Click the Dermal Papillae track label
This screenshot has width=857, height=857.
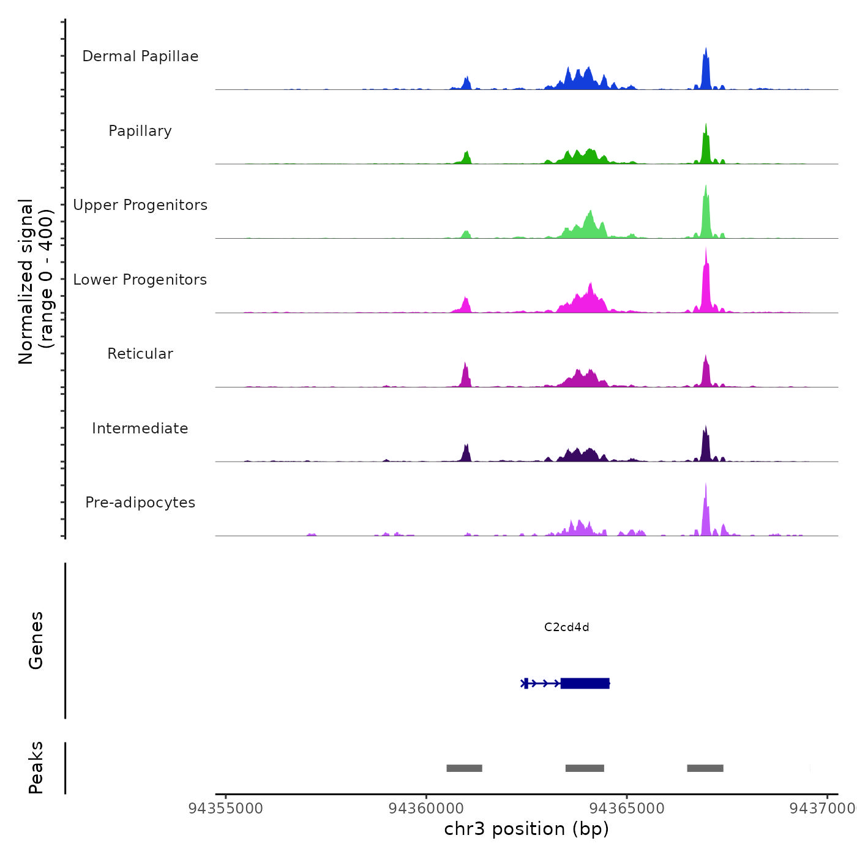(140, 56)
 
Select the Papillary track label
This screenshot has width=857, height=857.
(140, 131)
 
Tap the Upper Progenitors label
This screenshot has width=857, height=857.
(140, 205)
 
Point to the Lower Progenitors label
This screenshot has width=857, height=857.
(140, 280)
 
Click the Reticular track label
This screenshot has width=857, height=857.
(140, 354)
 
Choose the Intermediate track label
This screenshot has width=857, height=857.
(140, 428)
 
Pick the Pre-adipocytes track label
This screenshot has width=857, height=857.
(140, 503)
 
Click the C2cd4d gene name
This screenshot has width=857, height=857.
(566, 627)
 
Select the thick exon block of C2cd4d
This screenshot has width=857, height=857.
(585, 683)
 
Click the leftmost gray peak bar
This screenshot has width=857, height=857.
(464, 768)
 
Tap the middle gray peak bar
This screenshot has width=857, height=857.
(585, 768)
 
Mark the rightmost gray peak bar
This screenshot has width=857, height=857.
(705, 768)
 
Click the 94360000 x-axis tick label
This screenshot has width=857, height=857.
(426, 809)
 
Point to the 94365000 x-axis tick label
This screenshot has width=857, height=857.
(627, 809)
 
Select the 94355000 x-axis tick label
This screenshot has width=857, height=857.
(226, 809)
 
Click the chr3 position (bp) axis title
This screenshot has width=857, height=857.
(526, 829)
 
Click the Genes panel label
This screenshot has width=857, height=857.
(36, 640)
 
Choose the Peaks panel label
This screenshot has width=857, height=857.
(36, 768)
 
